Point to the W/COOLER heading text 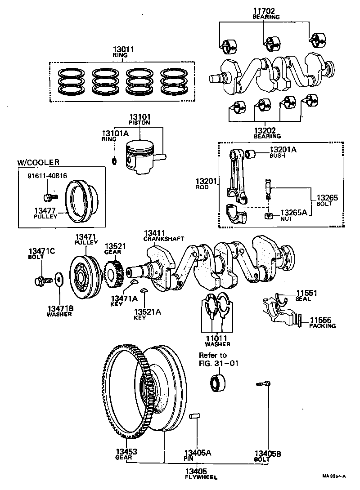tap(38, 162)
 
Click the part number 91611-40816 tap(46, 176)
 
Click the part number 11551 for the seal tap(306, 293)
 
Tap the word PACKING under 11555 tap(322, 326)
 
